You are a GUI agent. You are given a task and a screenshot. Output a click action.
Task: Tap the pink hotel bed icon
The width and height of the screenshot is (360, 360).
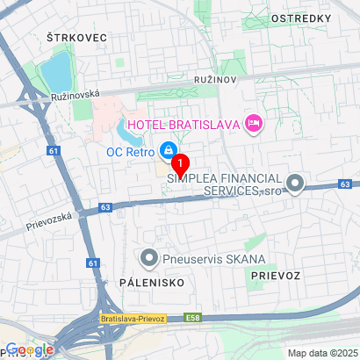(253, 123)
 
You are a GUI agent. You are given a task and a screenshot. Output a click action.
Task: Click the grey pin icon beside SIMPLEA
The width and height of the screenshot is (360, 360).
(295, 184)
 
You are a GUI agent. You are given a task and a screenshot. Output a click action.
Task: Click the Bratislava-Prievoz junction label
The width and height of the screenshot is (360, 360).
(133, 319)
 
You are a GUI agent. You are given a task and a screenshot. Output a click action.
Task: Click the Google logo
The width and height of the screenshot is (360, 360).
(30, 349)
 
